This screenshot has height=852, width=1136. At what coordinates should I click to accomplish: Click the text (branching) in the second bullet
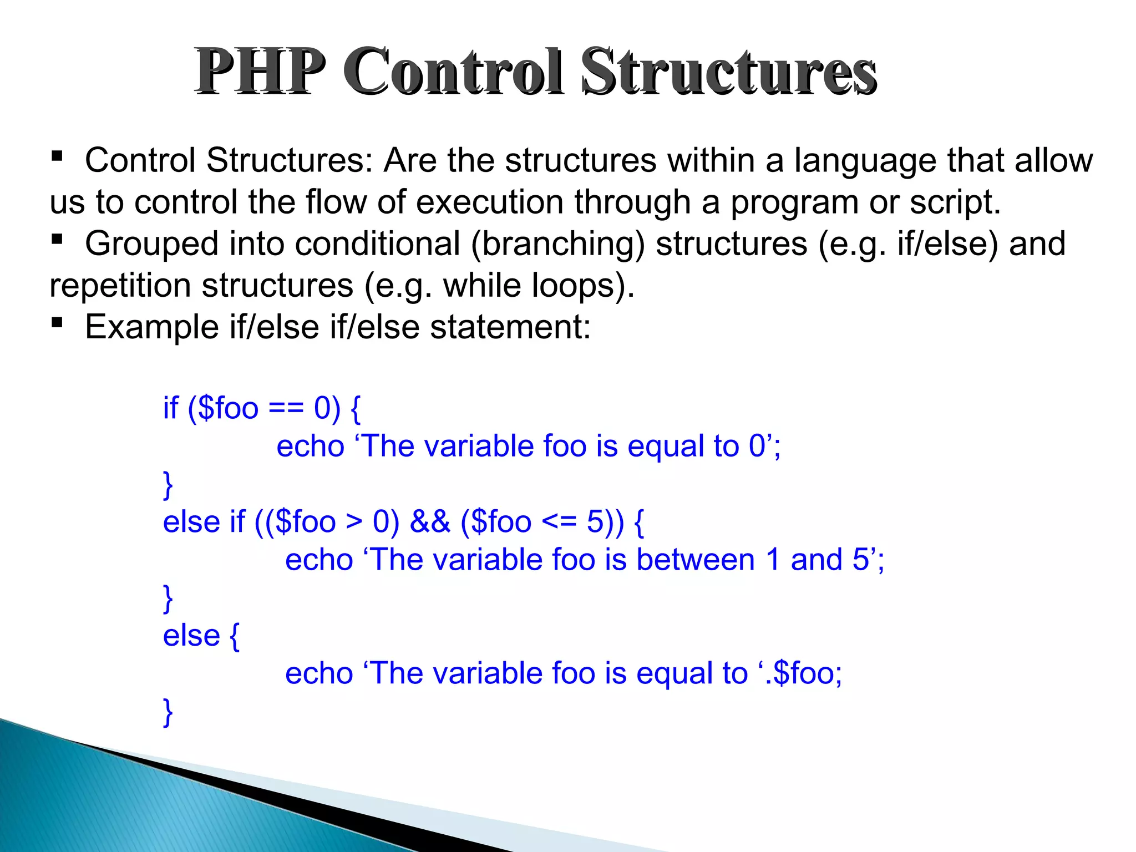558,245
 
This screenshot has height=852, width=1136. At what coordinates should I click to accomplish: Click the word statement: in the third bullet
511,327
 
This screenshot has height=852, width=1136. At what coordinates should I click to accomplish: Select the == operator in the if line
286,409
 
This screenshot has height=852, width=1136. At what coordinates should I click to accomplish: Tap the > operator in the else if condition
354,523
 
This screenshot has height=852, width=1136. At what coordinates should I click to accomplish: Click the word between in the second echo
696,560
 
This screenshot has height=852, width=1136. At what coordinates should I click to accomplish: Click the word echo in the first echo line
311,447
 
